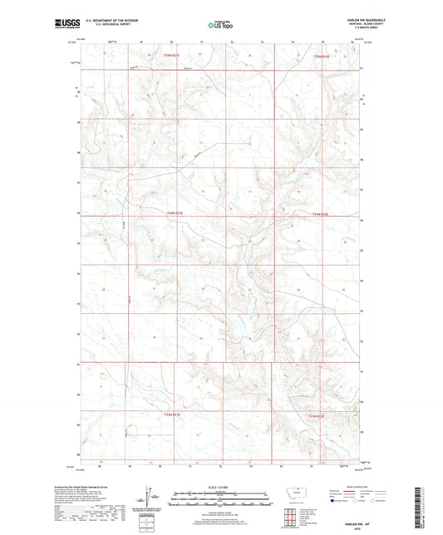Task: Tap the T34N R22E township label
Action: click(x=320, y=214)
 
